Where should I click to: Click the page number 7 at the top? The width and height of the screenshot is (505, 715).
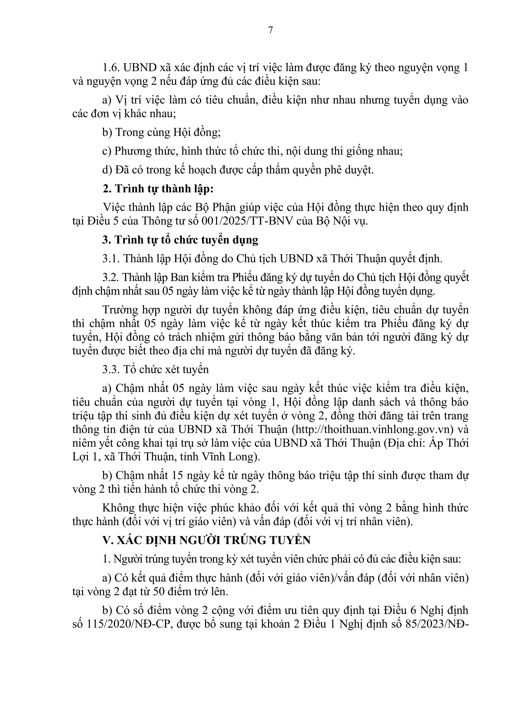pos(270,30)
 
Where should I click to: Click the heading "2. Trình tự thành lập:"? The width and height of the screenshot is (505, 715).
pos(158,189)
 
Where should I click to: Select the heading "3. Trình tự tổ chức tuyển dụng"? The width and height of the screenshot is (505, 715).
pos(181,240)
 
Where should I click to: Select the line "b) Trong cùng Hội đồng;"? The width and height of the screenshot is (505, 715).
pos(161,132)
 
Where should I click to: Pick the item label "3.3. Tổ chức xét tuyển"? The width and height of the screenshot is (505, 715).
pos(156,369)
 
